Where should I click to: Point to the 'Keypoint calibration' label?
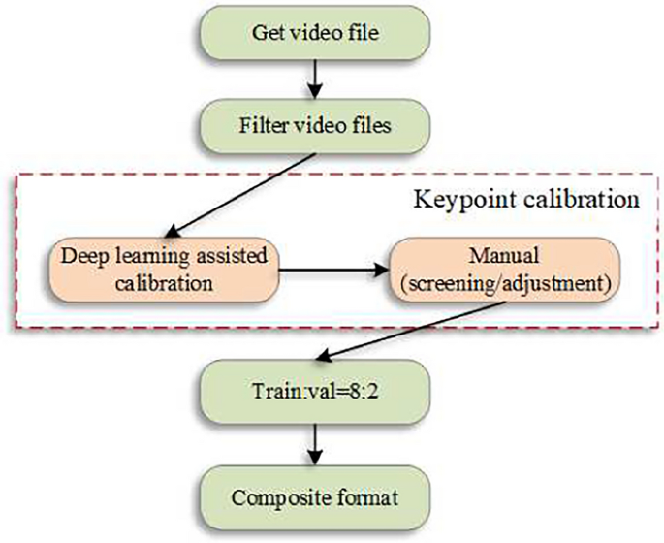(x=526, y=199)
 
